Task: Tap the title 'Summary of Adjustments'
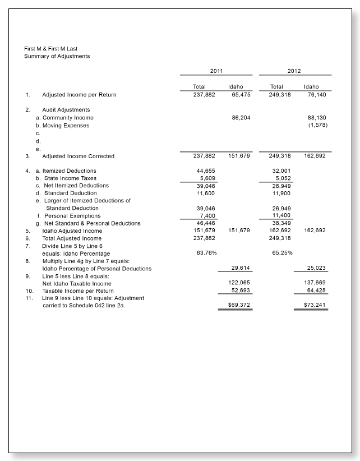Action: tap(57, 56)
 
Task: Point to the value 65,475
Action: tap(239, 95)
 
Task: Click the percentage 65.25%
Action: tap(281, 253)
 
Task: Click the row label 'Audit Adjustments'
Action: tap(66, 110)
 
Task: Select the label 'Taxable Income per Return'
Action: tap(77, 291)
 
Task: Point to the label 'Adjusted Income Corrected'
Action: tap(78, 156)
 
